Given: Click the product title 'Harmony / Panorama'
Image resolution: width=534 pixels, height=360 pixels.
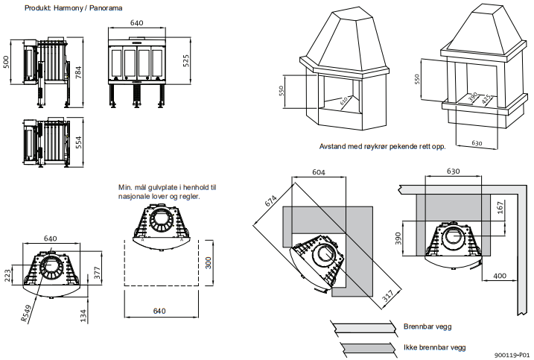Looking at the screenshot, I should [x=93, y=7].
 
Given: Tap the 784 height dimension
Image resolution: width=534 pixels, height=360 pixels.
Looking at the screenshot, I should [x=77, y=72].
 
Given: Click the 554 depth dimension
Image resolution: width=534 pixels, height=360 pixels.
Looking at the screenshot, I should [x=78, y=141].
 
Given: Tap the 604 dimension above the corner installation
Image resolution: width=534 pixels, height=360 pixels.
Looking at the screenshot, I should [x=318, y=172].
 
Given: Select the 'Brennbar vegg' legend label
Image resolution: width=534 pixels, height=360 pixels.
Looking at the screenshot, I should [x=427, y=326].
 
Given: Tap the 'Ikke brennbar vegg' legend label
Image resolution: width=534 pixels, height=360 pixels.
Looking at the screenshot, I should [x=435, y=347].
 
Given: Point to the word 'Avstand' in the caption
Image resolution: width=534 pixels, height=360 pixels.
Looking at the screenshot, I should [x=332, y=146].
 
